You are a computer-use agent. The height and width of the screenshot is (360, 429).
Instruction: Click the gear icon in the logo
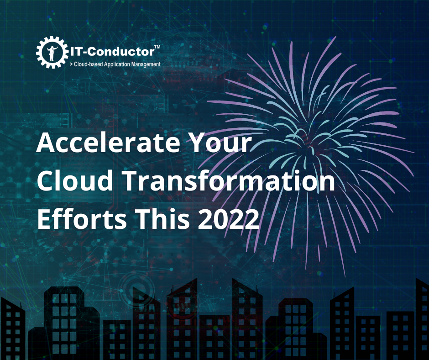[52, 53]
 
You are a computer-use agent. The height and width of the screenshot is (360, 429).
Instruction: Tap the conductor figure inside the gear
[52, 53]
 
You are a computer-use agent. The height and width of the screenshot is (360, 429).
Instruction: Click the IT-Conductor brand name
[112, 52]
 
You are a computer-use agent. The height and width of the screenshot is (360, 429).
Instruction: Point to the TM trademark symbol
[157, 47]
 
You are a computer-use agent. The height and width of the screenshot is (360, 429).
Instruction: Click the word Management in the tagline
[146, 64]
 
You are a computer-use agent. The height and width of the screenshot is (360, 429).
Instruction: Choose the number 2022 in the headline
[229, 219]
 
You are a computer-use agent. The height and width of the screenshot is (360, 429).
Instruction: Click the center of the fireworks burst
[309, 149]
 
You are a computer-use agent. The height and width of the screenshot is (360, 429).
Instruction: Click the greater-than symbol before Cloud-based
[71, 64]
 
